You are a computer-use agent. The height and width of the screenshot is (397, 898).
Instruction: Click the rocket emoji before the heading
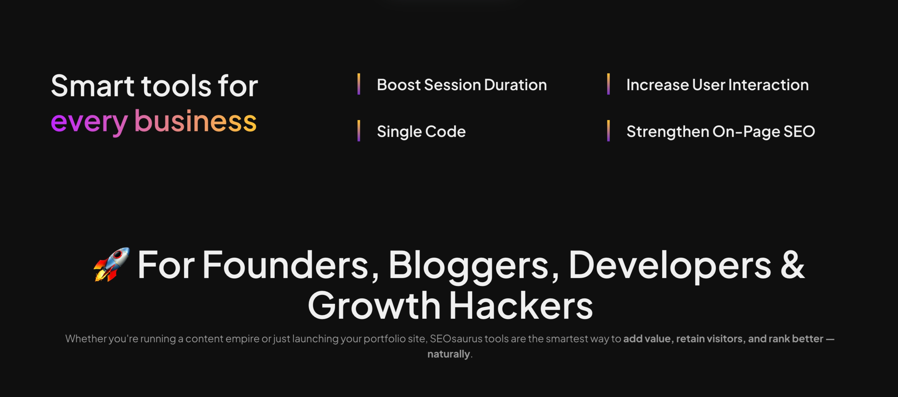pos(111,264)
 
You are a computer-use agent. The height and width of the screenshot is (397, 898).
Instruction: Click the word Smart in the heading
pos(92,86)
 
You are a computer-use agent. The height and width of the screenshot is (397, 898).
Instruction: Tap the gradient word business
pos(195,121)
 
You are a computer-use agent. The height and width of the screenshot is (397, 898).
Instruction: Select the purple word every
pos(90,122)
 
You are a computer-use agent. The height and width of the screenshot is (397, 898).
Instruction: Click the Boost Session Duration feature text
pos(462,85)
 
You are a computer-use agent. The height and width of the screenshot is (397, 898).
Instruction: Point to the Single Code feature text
pos(421,132)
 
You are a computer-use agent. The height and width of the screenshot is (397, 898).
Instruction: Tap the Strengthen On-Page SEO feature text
pos(720,132)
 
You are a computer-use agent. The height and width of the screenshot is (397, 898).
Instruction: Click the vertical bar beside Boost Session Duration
pos(359,84)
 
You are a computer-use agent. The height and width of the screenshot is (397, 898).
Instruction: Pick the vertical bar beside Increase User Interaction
pos(608,84)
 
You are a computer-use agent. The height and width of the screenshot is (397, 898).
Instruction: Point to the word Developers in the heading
pos(670,266)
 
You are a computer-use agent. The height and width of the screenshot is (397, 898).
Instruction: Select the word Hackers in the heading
pos(521,305)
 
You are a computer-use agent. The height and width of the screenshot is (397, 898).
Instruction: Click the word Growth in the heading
pos(374,305)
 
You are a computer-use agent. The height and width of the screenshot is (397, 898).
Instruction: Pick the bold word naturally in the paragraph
pos(449,354)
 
